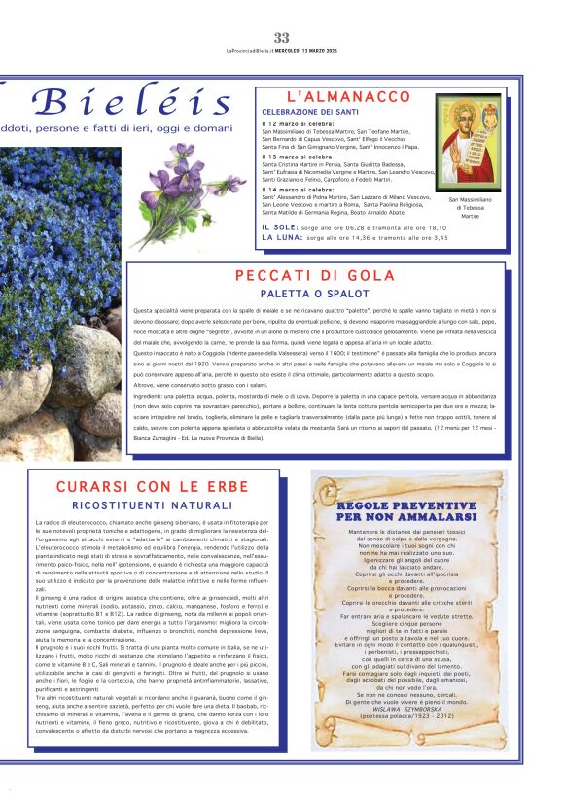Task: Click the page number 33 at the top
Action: pos(282,37)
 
